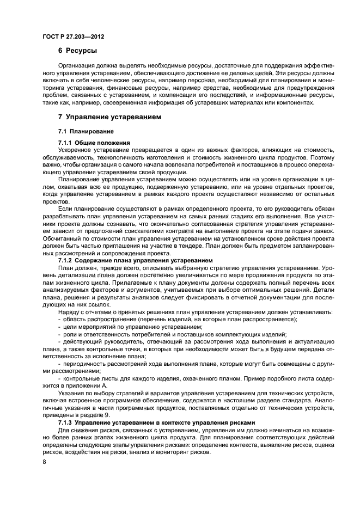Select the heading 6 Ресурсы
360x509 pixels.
[x=78, y=52]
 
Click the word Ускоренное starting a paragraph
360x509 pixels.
[x=76, y=149]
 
